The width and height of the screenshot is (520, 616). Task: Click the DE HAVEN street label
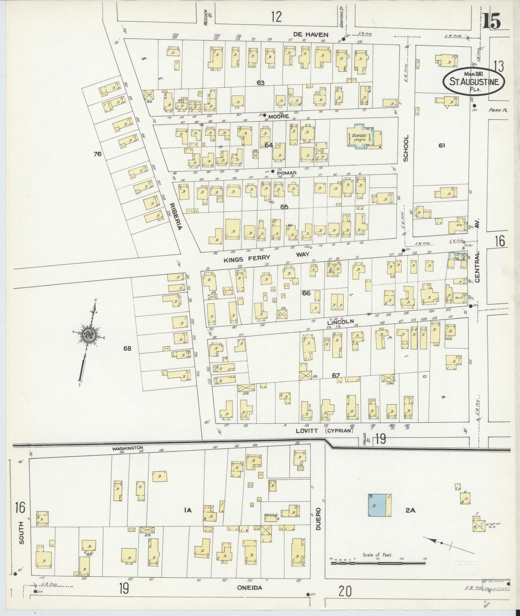pos(305,35)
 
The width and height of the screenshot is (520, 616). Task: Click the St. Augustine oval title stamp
pos(474,81)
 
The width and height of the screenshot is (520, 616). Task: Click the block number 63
pos(261,83)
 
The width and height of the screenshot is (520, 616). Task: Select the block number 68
pos(127,348)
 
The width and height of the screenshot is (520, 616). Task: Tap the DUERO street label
pos(318,519)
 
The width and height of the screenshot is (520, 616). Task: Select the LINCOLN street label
pos(340,321)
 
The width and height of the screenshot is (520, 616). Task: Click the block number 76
pos(98,154)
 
